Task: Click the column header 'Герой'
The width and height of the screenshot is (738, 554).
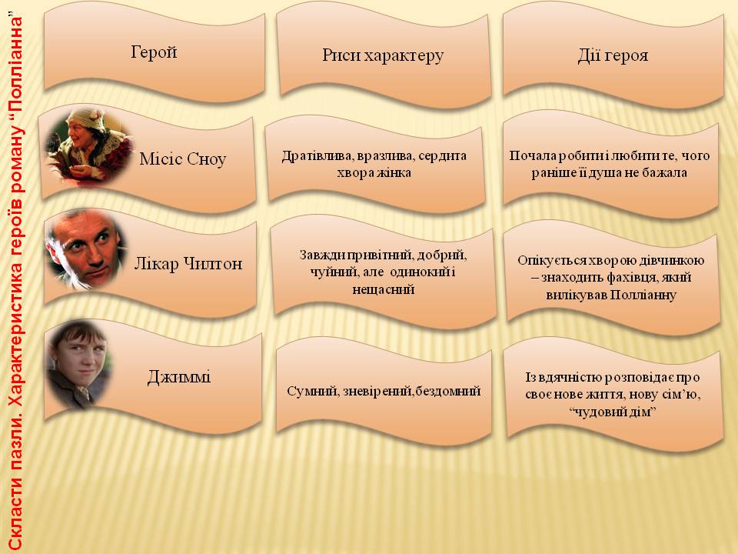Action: coord(153,52)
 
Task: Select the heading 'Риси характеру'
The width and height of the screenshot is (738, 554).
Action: coord(383,55)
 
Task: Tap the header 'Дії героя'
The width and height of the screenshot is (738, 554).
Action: coord(613,55)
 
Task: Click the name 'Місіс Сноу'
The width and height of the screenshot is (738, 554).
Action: coord(183,159)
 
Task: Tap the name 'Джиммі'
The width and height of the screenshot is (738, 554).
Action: coord(179,377)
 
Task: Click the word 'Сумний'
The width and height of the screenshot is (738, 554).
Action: coord(307,391)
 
